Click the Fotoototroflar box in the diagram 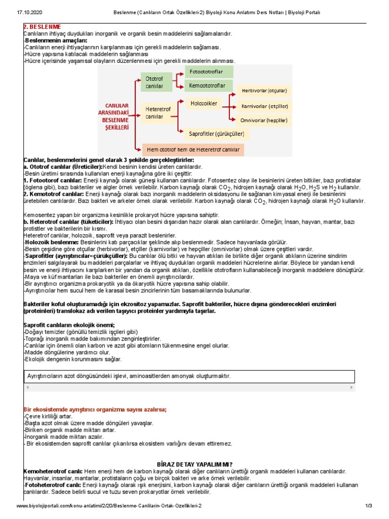[209, 72]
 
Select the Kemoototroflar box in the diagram [209, 86]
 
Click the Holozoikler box [204, 103]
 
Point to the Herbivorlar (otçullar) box [264, 91]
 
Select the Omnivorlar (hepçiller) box [264, 120]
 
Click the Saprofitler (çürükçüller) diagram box [216, 134]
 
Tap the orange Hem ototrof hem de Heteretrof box [192, 150]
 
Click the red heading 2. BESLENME [43, 26]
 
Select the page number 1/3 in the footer [368, 506]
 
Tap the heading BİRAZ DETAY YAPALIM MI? [195, 464]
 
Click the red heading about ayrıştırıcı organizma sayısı [95, 410]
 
